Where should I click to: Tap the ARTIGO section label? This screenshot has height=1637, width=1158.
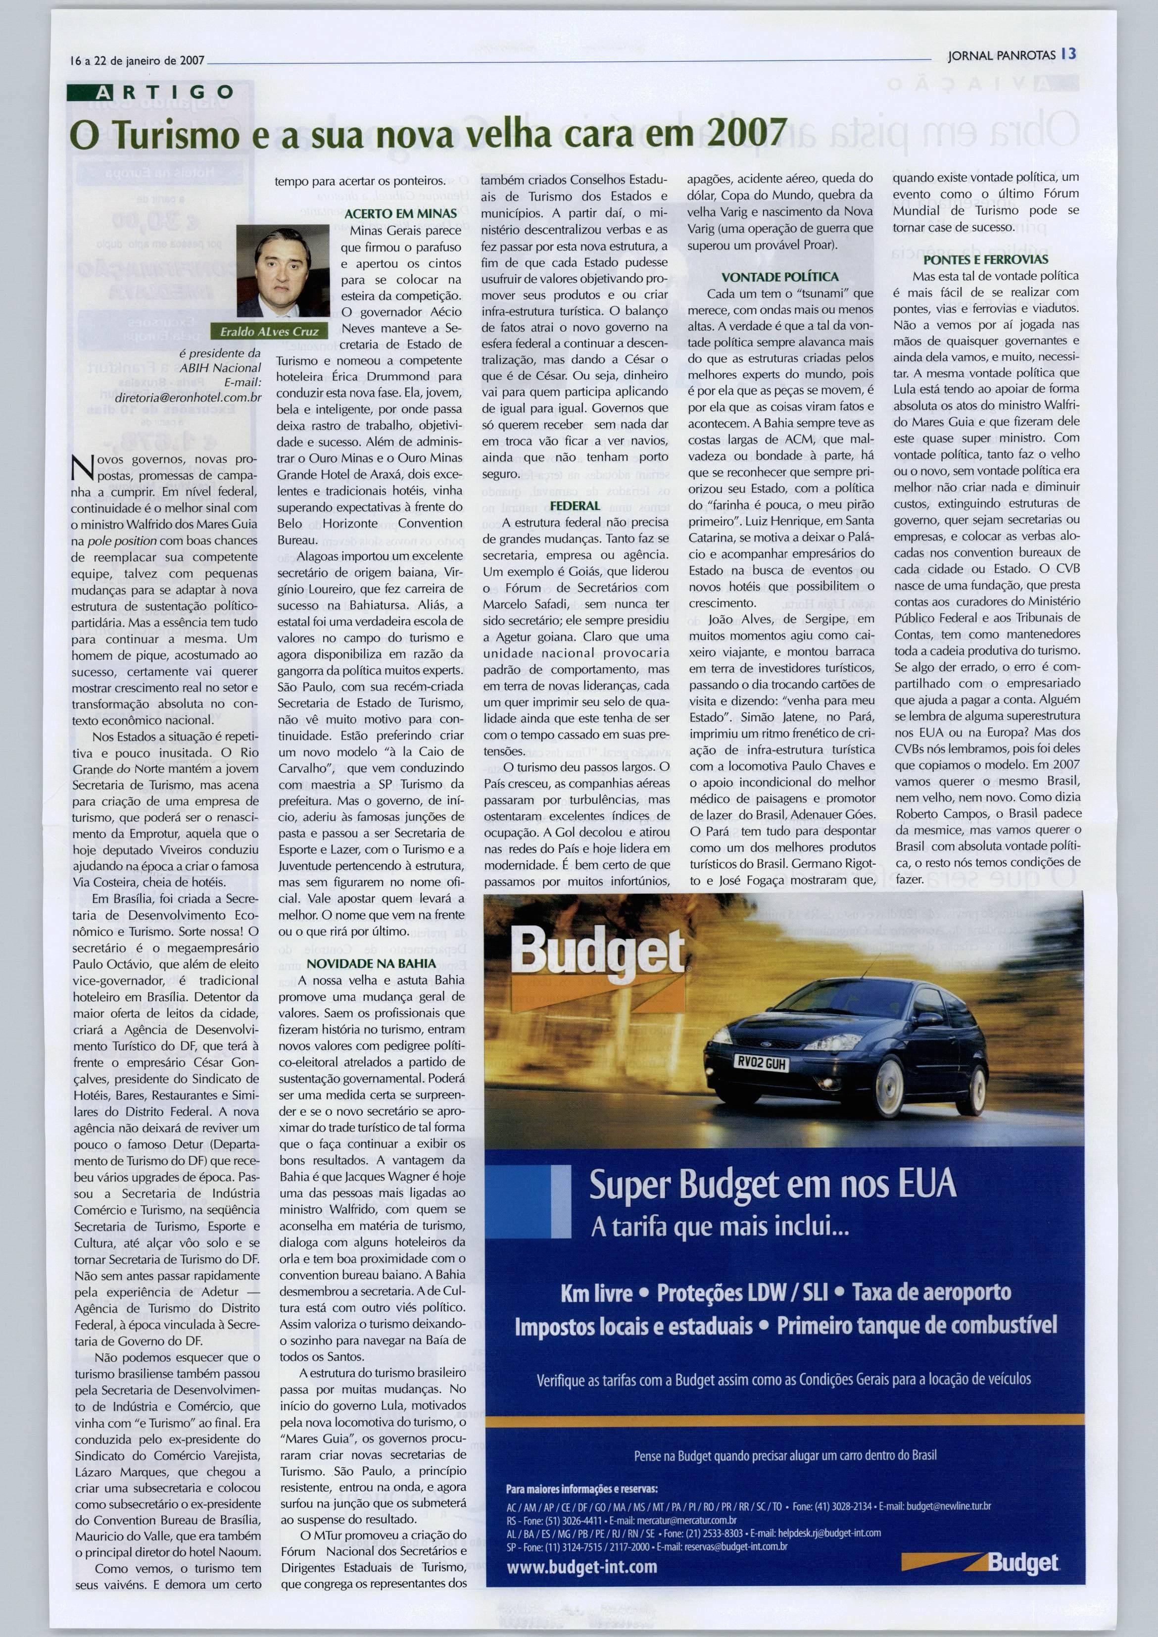[x=151, y=92]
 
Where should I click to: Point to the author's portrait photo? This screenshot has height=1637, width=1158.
[x=283, y=271]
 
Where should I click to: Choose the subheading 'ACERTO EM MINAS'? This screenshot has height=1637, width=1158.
[x=401, y=213]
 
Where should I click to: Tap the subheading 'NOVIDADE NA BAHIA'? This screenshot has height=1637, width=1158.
[x=371, y=963]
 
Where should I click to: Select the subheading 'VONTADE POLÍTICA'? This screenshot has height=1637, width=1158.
[x=780, y=277]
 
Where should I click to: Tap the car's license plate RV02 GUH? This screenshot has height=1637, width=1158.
[x=760, y=1063]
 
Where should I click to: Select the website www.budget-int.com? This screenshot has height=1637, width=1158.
[x=582, y=1566]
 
